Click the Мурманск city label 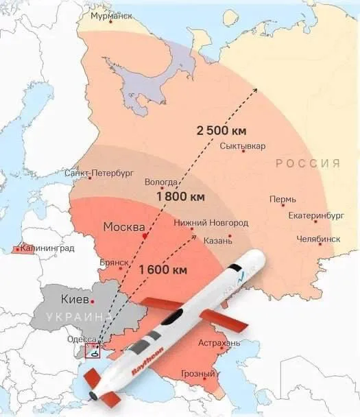click(x=107, y=16)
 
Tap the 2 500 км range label click(x=221, y=130)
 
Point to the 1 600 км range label click(x=163, y=270)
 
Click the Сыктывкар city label click(x=243, y=147)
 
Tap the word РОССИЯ click(x=308, y=163)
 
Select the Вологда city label click(x=162, y=182)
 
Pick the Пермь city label click(x=283, y=200)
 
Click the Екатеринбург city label click(x=315, y=215)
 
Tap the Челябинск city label click(x=318, y=239)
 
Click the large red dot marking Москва click(x=145, y=235)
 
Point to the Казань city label click(x=218, y=240)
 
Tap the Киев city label click(x=75, y=300)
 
